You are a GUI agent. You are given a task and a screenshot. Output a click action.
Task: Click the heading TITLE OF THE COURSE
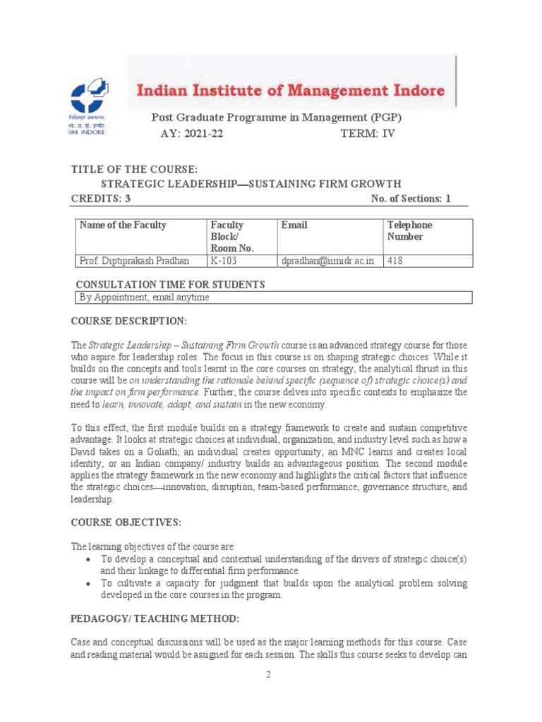tap(133, 169)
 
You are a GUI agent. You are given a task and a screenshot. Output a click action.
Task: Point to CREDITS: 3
tap(100, 198)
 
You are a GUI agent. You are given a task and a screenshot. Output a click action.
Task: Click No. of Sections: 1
tap(410, 198)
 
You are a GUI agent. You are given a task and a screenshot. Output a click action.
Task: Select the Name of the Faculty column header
tap(124, 225)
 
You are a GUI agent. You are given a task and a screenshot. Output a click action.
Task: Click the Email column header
tap(294, 225)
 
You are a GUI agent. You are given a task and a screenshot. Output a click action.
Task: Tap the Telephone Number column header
tap(409, 231)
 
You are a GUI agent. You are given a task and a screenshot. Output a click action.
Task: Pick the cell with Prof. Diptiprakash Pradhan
tap(135, 261)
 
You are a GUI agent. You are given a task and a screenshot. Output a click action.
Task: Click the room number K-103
tap(223, 261)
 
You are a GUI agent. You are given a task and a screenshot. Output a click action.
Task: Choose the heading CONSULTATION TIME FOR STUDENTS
tap(170, 284)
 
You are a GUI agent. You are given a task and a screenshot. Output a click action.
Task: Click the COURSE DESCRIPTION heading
tap(128, 322)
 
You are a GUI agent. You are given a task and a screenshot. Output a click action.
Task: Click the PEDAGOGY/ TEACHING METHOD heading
tap(155, 618)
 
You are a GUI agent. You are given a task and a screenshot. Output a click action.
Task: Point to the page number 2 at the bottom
tap(269, 675)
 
